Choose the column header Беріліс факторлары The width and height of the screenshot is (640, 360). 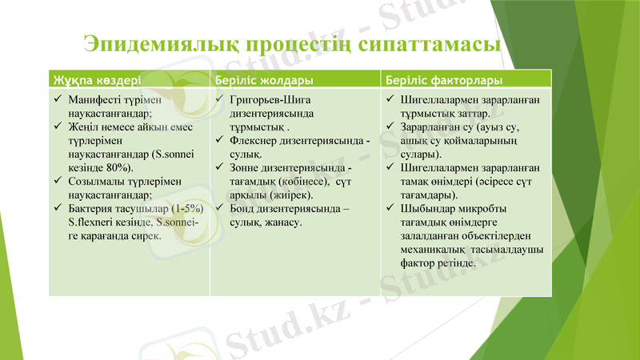(x=444, y=81)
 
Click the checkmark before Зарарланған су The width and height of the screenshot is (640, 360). (x=388, y=127)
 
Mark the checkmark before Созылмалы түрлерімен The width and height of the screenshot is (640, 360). (x=58, y=181)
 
